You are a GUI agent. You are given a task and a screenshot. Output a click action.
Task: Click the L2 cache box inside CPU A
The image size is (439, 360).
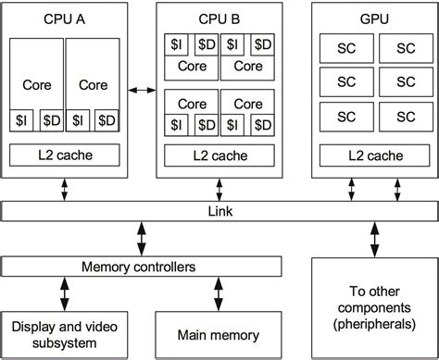click(x=66, y=155)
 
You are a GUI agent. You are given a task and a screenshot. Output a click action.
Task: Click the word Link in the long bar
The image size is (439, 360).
click(x=219, y=212)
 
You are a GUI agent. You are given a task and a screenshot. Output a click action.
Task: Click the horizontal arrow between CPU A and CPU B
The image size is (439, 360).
click(x=142, y=90)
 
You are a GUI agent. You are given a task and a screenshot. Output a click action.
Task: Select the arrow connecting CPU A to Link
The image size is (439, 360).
click(x=65, y=188)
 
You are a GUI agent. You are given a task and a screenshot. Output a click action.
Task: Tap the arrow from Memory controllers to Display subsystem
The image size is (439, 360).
click(x=65, y=295)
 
